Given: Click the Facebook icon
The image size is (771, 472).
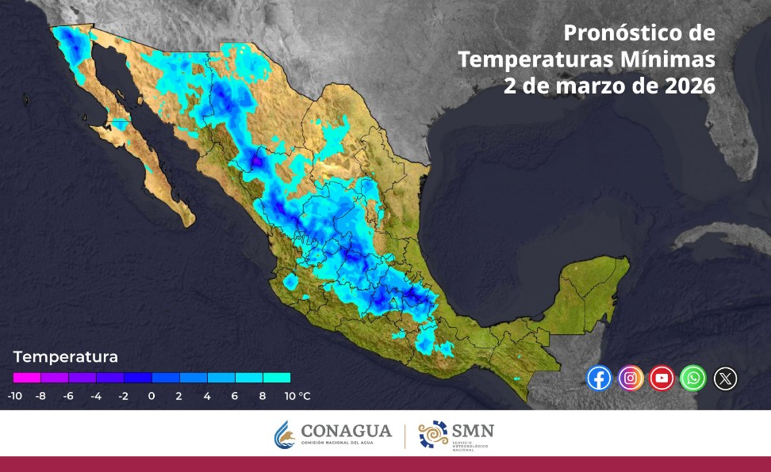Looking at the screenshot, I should pyautogui.click(x=599, y=379).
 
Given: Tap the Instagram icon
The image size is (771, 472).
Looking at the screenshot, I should pyautogui.click(x=631, y=379).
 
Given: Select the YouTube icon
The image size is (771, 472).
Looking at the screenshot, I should pyautogui.click(x=662, y=379).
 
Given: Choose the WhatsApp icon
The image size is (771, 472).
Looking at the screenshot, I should pyautogui.click(x=694, y=379).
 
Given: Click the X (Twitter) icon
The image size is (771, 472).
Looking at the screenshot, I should pyautogui.click(x=726, y=379).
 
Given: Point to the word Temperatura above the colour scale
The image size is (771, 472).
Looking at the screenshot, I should pyautogui.click(x=65, y=356).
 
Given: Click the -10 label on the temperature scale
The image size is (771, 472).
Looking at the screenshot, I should pyautogui.click(x=14, y=395).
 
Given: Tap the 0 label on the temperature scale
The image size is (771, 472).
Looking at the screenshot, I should pyautogui.click(x=152, y=395).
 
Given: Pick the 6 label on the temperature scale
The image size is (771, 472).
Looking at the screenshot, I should pyautogui.click(x=235, y=395).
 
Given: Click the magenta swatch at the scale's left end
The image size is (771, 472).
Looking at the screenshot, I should pyautogui.click(x=27, y=378).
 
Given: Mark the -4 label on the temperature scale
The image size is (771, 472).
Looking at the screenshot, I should pyautogui.click(x=96, y=395).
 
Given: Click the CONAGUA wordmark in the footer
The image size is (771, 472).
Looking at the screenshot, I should pyautogui.click(x=347, y=432).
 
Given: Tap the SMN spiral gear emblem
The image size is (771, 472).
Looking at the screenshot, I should pyautogui.click(x=433, y=435).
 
